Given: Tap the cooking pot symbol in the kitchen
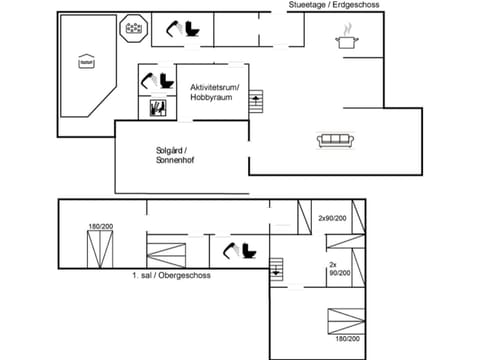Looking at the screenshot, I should tap(346, 41).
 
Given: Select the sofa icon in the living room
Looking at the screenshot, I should tap(333, 141).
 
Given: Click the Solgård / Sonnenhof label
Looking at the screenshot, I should tap(173, 155).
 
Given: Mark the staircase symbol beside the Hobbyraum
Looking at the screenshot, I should tap(256, 101).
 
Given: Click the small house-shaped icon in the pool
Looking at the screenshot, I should tap(84, 62).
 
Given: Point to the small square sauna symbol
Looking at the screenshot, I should tap(156, 107).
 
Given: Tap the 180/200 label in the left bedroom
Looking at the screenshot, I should tap(100, 227).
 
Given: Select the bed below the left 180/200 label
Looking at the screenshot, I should tap(100, 251).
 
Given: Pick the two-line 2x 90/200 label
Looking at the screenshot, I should tap(339, 269).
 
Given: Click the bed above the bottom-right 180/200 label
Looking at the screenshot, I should tap(346, 319).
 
